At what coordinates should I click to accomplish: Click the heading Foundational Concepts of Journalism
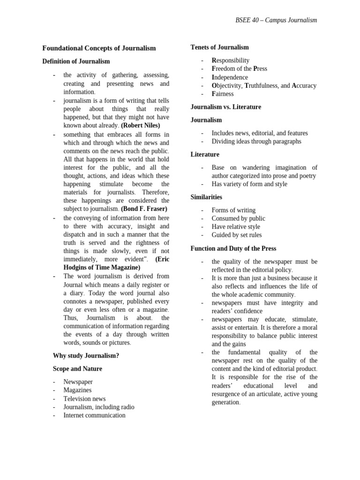click(x=99, y=48)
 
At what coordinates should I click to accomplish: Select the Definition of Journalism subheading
click(x=76, y=61)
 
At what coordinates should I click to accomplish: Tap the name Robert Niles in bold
click(x=141, y=126)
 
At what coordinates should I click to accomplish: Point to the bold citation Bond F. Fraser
click(x=143, y=209)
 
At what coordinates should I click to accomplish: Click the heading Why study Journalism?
click(x=86, y=356)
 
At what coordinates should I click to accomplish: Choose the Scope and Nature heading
click(x=77, y=369)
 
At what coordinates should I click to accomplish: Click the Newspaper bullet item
click(x=78, y=382)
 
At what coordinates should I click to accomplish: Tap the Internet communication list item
click(x=94, y=415)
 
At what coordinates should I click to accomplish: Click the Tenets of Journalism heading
click(x=219, y=47)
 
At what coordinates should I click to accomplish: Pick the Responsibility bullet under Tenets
click(x=230, y=60)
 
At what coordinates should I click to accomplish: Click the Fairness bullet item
click(x=222, y=94)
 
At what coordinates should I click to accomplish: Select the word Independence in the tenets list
click(x=230, y=77)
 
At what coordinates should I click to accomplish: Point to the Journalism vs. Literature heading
click(x=225, y=107)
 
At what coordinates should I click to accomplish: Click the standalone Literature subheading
click(x=205, y=155)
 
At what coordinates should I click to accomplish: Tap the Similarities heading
click(x=206, y=197)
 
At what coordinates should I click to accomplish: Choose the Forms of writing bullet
click(x=233, y=210)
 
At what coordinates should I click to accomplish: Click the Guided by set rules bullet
click(x=236, y=235)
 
